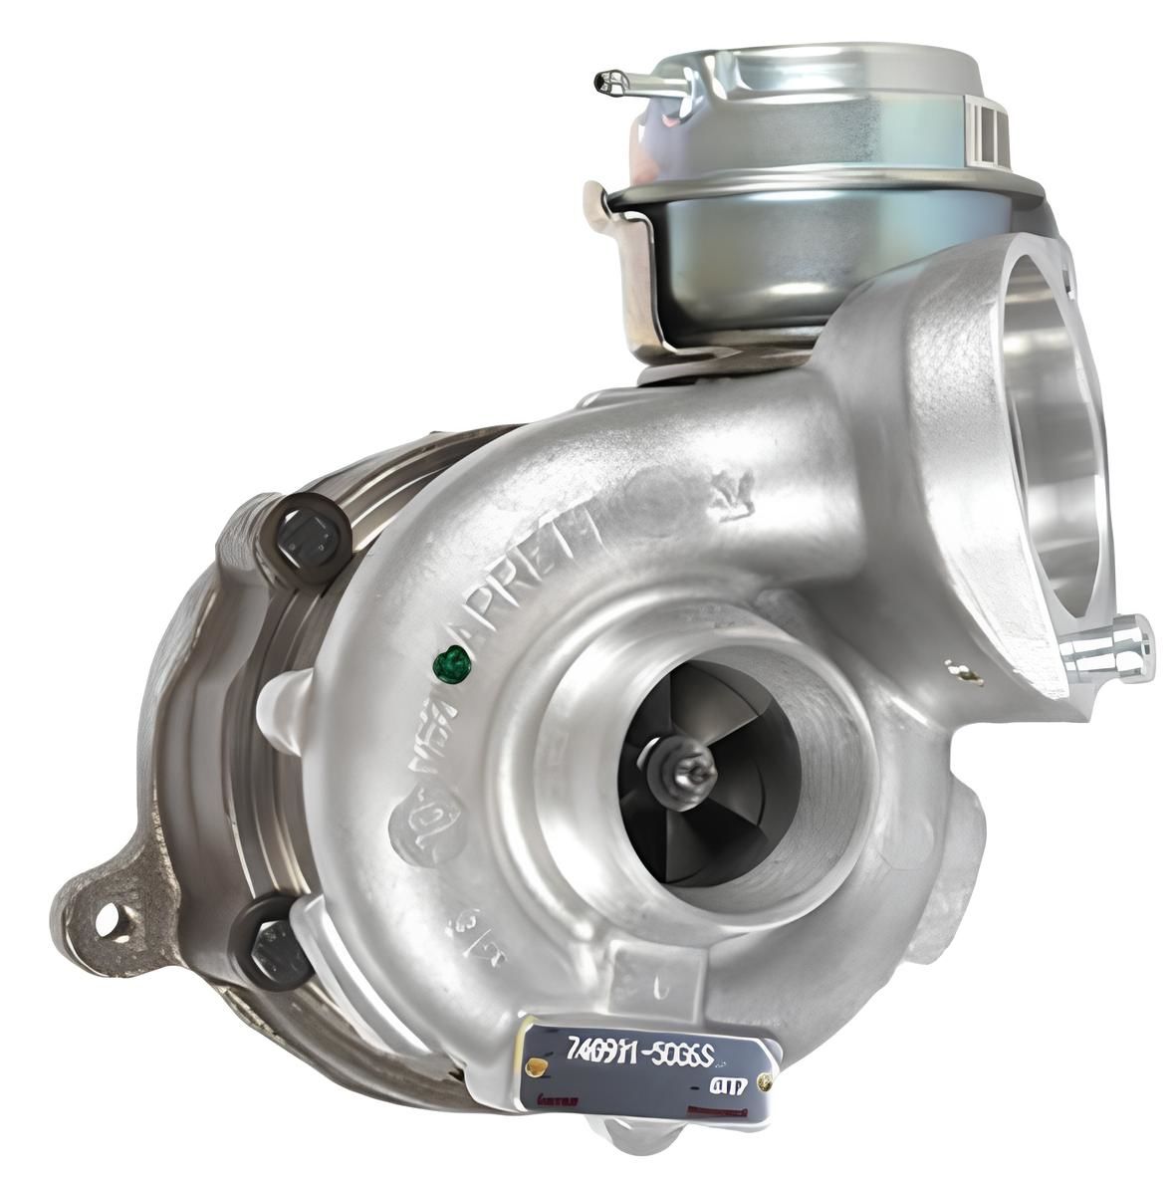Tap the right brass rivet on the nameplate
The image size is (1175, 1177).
pos(765,1083)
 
